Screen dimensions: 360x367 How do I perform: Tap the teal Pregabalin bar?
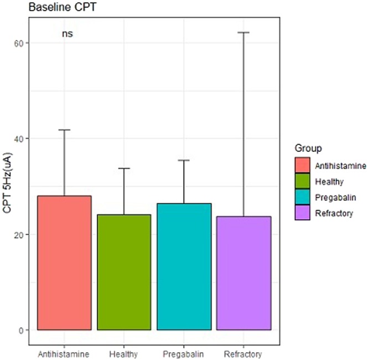point(184,266)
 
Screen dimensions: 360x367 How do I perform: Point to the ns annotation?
point(67,34)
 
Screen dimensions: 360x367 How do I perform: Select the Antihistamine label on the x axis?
point(64,353)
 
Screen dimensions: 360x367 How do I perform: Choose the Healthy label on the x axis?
point(124,353)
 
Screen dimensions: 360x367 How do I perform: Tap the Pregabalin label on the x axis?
point(184,353)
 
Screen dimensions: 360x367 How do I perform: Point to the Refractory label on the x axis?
point(244,353)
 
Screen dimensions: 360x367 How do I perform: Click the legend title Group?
point(306,148)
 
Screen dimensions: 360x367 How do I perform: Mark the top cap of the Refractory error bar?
point(244,33)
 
